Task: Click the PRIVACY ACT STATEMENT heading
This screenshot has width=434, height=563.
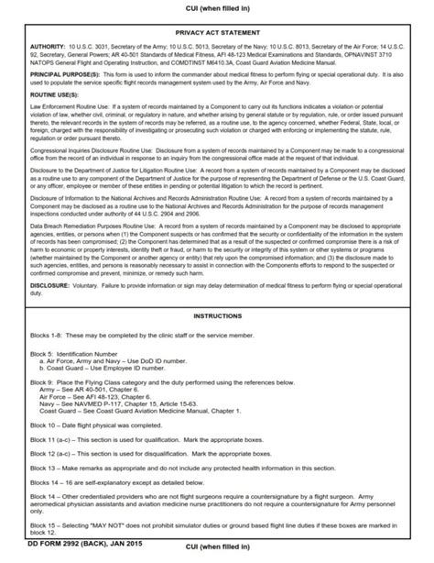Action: coord(216,30)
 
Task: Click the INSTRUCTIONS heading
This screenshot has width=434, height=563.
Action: coord(216,291)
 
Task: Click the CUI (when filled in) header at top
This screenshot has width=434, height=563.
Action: coord(216,7)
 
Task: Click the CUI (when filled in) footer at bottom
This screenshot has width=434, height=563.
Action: coord(216,556)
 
